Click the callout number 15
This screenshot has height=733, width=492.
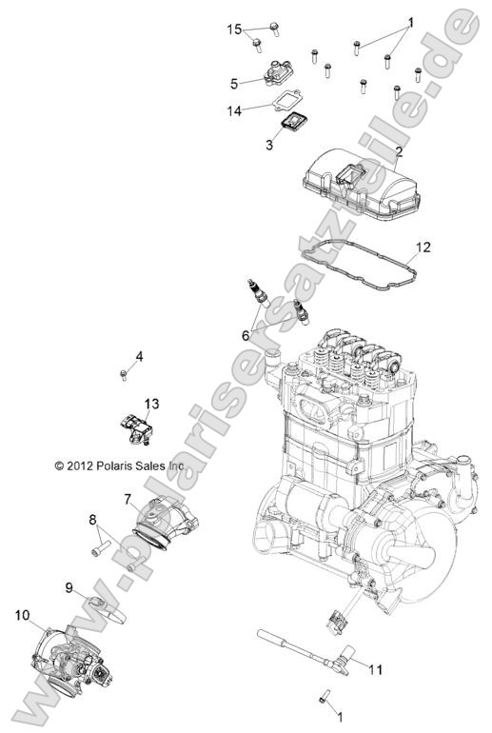click(x=234, y=30)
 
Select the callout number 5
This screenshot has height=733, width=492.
click(x=233, y=83)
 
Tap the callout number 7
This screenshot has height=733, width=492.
click(x=128, y=498)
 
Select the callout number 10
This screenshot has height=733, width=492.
click(x=22, y=615)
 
